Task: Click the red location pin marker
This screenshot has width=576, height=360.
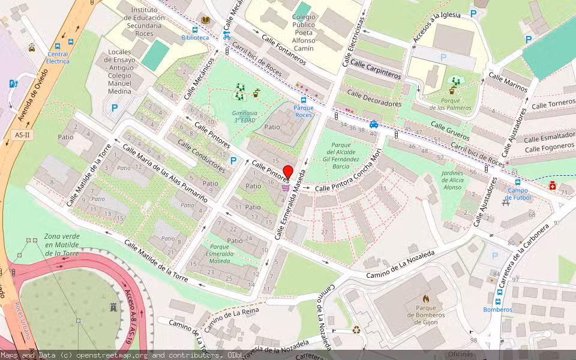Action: point(288,173)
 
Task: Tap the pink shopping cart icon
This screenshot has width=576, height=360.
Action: point(286,188)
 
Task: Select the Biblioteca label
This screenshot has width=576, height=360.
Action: point(195,37)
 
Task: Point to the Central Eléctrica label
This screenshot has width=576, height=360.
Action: point(58,58)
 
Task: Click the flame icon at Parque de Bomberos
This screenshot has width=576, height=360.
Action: point(426,298)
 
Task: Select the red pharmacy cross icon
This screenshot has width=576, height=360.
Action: point(553,187)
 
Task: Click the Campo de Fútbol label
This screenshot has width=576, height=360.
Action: point(517,194)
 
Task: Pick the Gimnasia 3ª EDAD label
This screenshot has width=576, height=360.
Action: point(245,116)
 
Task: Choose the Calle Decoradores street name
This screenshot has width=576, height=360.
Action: point(374,99)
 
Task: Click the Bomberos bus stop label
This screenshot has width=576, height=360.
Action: point(498,310)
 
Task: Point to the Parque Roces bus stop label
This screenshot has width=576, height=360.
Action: point(303,111)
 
